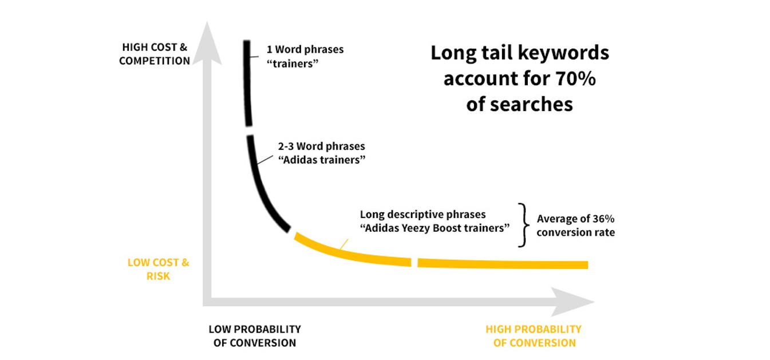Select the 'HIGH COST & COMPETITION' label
click(x=155, y=54)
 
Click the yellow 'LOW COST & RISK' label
click(x=158, y=269)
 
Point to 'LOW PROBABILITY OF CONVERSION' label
click(x=255, y=335)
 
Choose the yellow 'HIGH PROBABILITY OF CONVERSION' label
click(x=534, y=335)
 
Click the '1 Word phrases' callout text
click(x=305, y=49)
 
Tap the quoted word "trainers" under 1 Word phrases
click(x=293, y=64)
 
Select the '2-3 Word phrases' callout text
click(x=321, y=146)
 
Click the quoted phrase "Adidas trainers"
click(x=321, y=160)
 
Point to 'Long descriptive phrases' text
click(x=423, y=215)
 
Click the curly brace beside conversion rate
click(x=523, y=225)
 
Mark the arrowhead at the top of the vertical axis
click(x=207, y=43)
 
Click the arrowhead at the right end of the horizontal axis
click(x=573, y=302)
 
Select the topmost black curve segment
click(x=247, y=83)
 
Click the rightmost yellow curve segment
click(x=503, y=264)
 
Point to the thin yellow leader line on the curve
click(x=343, y=244)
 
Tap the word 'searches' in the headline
click(x=519, y=104)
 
